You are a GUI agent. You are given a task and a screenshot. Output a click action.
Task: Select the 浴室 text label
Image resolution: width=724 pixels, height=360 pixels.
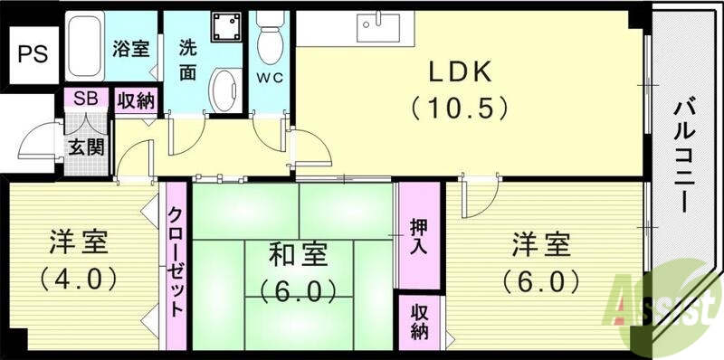click(130, 50)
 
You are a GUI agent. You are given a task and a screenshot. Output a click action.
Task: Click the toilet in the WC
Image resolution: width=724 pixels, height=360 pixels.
click(269, 36)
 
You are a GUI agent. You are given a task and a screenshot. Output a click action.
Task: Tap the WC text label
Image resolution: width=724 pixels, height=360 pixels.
click(270, 77)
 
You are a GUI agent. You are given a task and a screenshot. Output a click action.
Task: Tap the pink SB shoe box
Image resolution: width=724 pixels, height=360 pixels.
click(86, 99)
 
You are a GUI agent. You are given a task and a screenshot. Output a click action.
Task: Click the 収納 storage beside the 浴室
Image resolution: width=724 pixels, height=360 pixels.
click(136, 99)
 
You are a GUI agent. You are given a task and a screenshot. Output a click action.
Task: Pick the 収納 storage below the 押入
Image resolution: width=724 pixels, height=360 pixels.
click(418, 320)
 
